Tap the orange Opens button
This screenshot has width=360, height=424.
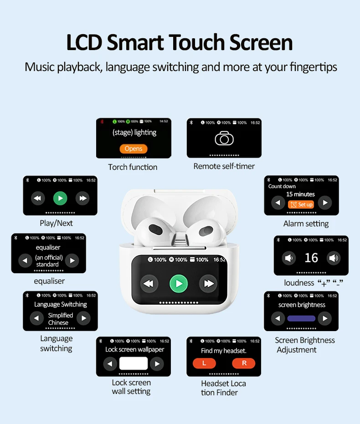point(134,148)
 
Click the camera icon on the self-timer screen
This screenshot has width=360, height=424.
point(224,138)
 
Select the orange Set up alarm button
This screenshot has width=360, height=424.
point(301,204)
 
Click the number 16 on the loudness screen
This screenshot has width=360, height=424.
point(311,258)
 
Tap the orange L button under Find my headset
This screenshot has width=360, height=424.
point(204,363)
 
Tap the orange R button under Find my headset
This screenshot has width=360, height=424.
point(244,363)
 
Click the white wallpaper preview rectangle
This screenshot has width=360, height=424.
point(134,363)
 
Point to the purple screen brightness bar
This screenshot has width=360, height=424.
point(301,318)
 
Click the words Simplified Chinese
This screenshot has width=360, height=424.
point(60,319)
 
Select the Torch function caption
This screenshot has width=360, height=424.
point(133,167)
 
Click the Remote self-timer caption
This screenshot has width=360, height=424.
point(224,166)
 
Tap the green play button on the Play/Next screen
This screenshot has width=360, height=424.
point(60,198)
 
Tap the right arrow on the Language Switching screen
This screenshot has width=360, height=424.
point(83,318)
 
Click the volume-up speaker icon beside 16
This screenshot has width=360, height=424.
point(334,259)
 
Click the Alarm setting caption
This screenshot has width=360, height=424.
point(306,224)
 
